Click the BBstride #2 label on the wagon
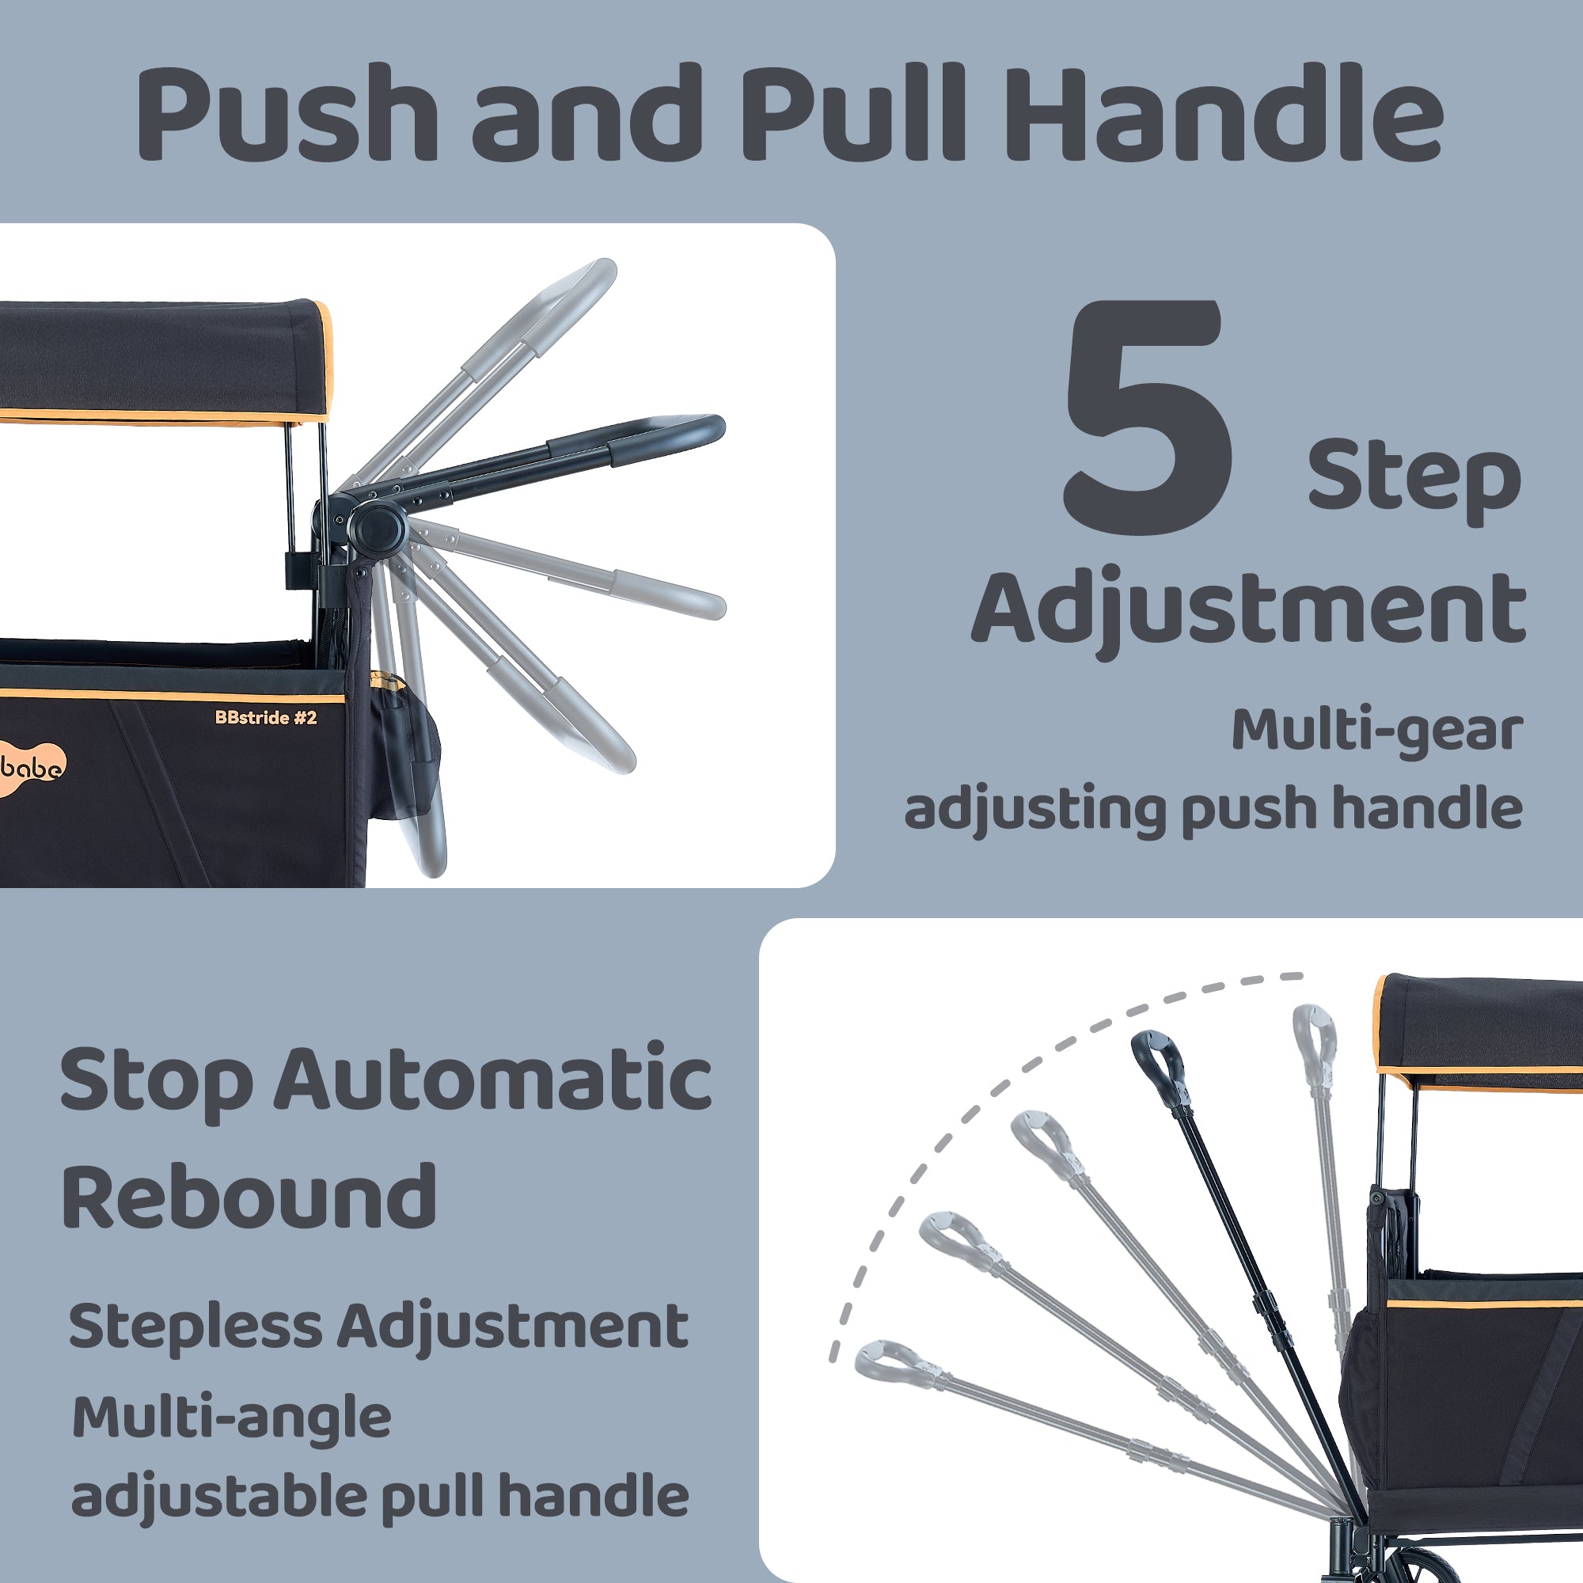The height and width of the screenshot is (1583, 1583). (265, 718)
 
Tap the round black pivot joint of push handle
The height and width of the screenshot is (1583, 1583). (378, 530)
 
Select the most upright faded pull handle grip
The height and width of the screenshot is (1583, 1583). (1314, 1038)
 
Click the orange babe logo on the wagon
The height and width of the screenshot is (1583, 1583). (32, 768)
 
